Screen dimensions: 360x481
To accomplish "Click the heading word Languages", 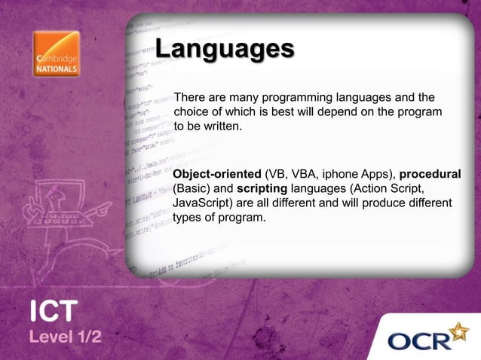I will pyautogui.click(x=224, y=49).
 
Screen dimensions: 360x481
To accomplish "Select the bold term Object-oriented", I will pyautogui.click(x=217, y=175).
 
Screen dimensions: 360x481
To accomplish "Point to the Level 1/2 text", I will pyautogui.click(x=66, y=336).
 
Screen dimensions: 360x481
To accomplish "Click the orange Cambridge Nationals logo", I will pyautogui.click(x=56, y=54).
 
